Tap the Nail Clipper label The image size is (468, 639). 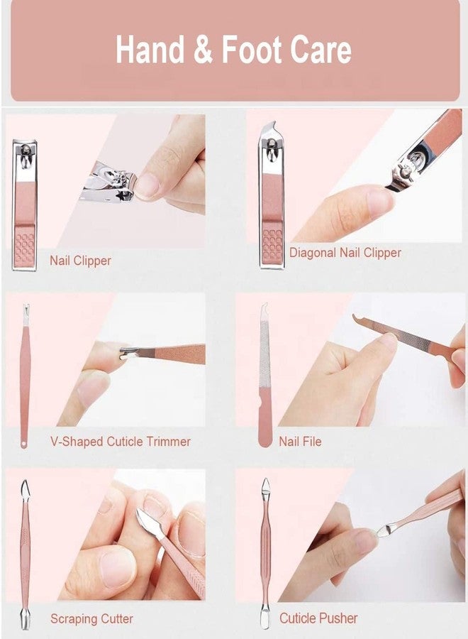click(x=80, y=261)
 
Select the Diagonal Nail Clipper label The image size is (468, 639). click(x=345, y=253)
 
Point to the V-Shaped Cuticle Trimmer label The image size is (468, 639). click(x=121, y=442)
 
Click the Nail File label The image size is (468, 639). click(x=300, y=442)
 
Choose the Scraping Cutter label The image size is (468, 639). click(x=91, y=619)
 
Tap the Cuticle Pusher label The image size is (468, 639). click(x=318, y=618)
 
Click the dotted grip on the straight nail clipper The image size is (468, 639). click(x=25, y=248)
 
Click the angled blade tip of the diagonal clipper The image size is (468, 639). click(x=273, y=126)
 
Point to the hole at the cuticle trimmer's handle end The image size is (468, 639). click(x=24, y=442)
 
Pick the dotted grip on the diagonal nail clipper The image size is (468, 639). click(x=272, y=246)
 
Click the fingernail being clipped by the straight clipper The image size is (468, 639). click(x=147, y=185)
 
